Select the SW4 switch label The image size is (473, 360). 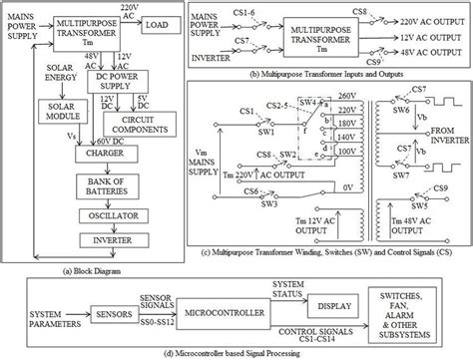pos(282,103)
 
